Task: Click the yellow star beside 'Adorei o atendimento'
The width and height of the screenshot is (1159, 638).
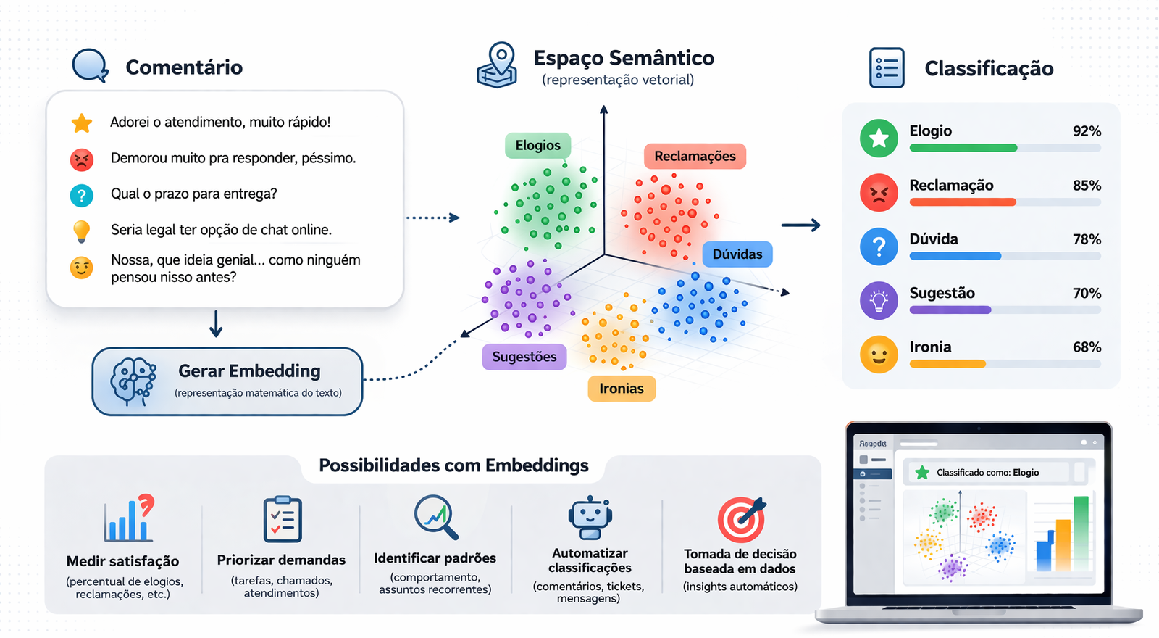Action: click(x=82, y=123)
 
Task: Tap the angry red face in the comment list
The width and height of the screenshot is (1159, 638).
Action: click(x=82, y=159)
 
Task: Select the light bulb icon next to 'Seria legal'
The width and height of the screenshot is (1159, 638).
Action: click(x=82, y=231)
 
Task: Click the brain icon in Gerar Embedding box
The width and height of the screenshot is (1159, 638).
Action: click(x=133, y=381)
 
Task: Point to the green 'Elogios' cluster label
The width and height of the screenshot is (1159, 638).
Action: click(x=537, y=146)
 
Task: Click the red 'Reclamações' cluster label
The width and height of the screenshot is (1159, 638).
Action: click(x=695, y=157)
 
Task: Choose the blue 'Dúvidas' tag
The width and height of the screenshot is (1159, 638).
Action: click(x=737, y=254)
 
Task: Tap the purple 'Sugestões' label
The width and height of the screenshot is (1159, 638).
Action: click(x=524, y=357)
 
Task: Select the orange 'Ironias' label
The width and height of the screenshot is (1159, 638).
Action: click(x=621, y=389)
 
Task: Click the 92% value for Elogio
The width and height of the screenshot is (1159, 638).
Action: click(x=1087, y=131)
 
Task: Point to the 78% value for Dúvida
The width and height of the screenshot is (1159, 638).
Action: click(x=1087, y=239)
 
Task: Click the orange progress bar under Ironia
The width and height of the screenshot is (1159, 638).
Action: click(x=947, y=364)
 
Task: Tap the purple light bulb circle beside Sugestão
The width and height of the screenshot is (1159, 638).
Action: click(x=879, y=300)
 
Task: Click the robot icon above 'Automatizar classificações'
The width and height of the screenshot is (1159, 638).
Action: click(x=590, y=518)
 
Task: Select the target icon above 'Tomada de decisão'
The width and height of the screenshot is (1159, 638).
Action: click(x=740, y=519)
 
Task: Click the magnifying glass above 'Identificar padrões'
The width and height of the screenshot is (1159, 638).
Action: click(x=436, y=516)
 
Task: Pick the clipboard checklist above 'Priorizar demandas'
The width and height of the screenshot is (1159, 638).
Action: click(x=283, y=519)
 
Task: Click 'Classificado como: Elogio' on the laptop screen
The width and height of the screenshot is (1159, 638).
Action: click(x=987, y=473)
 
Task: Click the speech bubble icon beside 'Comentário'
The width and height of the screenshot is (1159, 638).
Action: click(x=90, y=65)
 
